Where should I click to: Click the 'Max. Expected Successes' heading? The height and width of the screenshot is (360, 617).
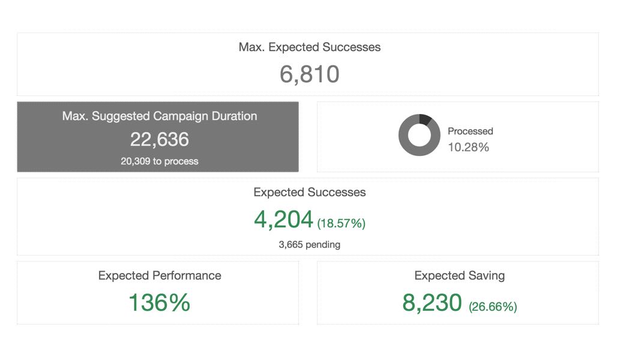tap(309, 47)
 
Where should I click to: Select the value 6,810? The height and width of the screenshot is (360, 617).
tap(309, 74)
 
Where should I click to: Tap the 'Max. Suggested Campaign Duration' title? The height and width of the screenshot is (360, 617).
tap(159, 116)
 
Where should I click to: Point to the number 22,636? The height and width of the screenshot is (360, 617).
tap(159, 139)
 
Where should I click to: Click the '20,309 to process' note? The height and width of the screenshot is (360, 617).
tap(159, 161)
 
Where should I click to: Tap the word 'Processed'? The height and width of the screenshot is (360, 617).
tap(470, 131)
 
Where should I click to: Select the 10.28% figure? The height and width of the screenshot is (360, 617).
tap(468, 147)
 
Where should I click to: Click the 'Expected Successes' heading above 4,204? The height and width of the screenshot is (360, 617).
tap(309, 193)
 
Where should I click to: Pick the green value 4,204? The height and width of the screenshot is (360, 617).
tap(283, 220)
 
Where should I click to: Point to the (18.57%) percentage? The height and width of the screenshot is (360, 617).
tap(341, 224)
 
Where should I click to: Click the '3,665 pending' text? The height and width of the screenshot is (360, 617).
tap(309, 244)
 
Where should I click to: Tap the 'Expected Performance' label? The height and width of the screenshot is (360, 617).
tap(160, 275)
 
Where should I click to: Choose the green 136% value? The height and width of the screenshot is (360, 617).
tap(159, 303)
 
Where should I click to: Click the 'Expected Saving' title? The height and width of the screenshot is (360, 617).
tap(459, 275)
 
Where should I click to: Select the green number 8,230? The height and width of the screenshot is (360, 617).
tap(432, 303)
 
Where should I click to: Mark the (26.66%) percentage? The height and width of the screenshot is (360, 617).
tap(493, 307)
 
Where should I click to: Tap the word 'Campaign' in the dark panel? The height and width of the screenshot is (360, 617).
tap(178, 116)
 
